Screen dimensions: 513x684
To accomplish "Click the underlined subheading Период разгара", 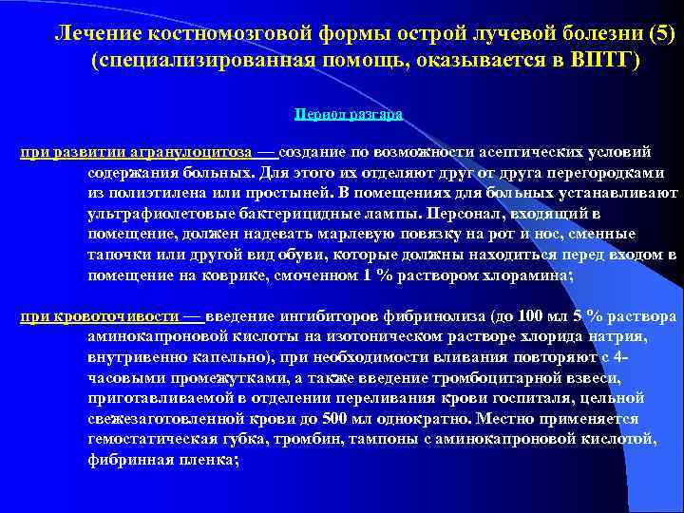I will (349, 113).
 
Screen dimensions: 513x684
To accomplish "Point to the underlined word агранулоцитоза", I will (195, 152).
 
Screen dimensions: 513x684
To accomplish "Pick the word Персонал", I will (467, 215).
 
